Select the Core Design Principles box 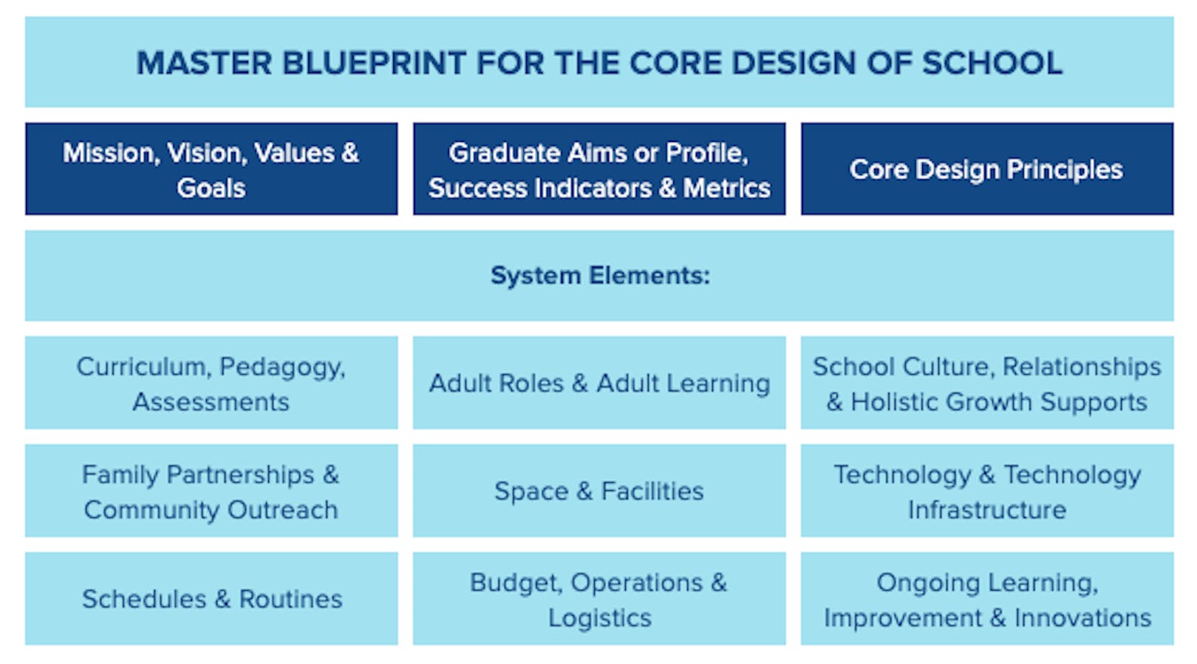pos(986,169)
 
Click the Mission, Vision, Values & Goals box pos(211,169)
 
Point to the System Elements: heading pos(599,276)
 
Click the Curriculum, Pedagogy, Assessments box pos(211,383)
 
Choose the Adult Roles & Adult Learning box pos(599,383)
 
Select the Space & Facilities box pos(599,491)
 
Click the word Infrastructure pos(987,510)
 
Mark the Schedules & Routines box pos(211,599)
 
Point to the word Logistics pos(599,618)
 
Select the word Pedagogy pos(282,367)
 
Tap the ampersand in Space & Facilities pos(584,491)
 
